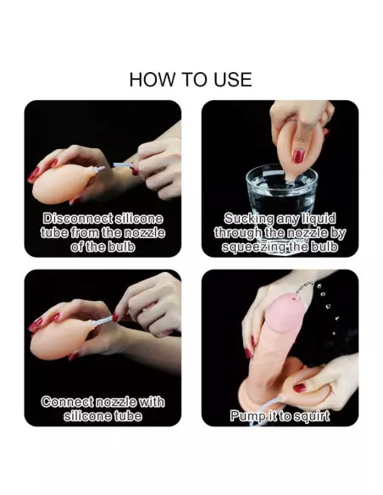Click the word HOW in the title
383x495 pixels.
[x=152, y=79]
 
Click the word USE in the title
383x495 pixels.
[x=233, y=79]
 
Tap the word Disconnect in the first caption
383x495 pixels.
[x=77, y=219]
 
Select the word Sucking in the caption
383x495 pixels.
[x=248, y=219]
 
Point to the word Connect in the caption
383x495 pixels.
[x=67, y=402]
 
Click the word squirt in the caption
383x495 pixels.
[x=311, y=416]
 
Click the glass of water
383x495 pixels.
[x=280, y=194]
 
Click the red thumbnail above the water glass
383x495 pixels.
[x=298, y=156]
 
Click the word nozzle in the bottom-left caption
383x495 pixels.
[x=116, y=402]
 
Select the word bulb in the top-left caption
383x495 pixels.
[x=121, y=247]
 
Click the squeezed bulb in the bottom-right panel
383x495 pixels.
[x=305, y=387]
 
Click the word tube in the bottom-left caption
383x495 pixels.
[x=129, y=416]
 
